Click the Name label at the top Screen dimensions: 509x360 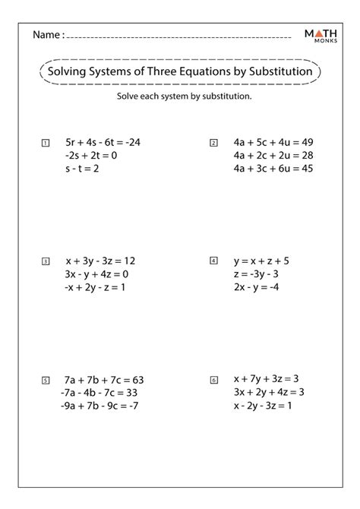pos(47,35)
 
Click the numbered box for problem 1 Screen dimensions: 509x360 pos(46,143)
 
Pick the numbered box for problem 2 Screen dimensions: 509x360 pos(213,143)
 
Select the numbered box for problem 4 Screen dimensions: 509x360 pos(213,261)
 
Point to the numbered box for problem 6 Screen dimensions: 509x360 pos(213,380)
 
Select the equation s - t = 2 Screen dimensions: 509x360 pos(82,168)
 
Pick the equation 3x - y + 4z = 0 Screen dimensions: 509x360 pos(97,274)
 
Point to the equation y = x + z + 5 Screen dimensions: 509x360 pos(261,261)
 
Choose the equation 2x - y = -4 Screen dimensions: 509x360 pos(257,286)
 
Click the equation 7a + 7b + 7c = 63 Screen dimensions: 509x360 pos(104,380)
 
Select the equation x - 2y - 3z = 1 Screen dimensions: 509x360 pos(263,405)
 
